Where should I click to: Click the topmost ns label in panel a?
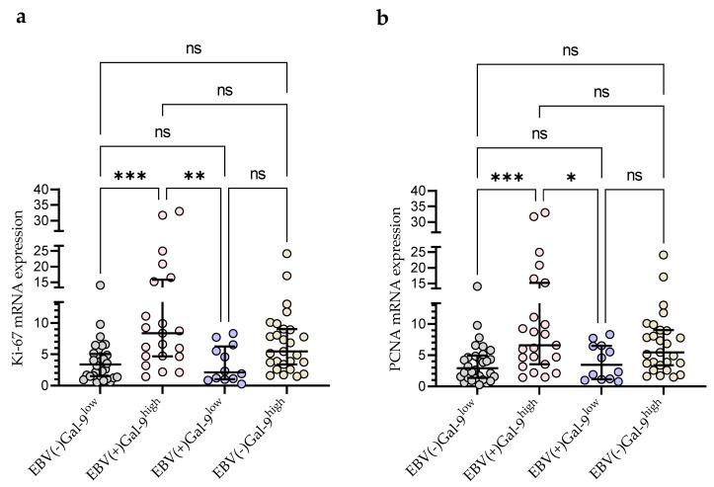(193, 46)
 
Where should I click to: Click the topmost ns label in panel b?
(570, 46)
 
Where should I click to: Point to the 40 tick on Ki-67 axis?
(40, 190)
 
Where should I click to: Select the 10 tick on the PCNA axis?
(418, 323)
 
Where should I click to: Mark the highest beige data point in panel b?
(664, 255)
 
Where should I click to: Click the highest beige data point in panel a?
(286, 254)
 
